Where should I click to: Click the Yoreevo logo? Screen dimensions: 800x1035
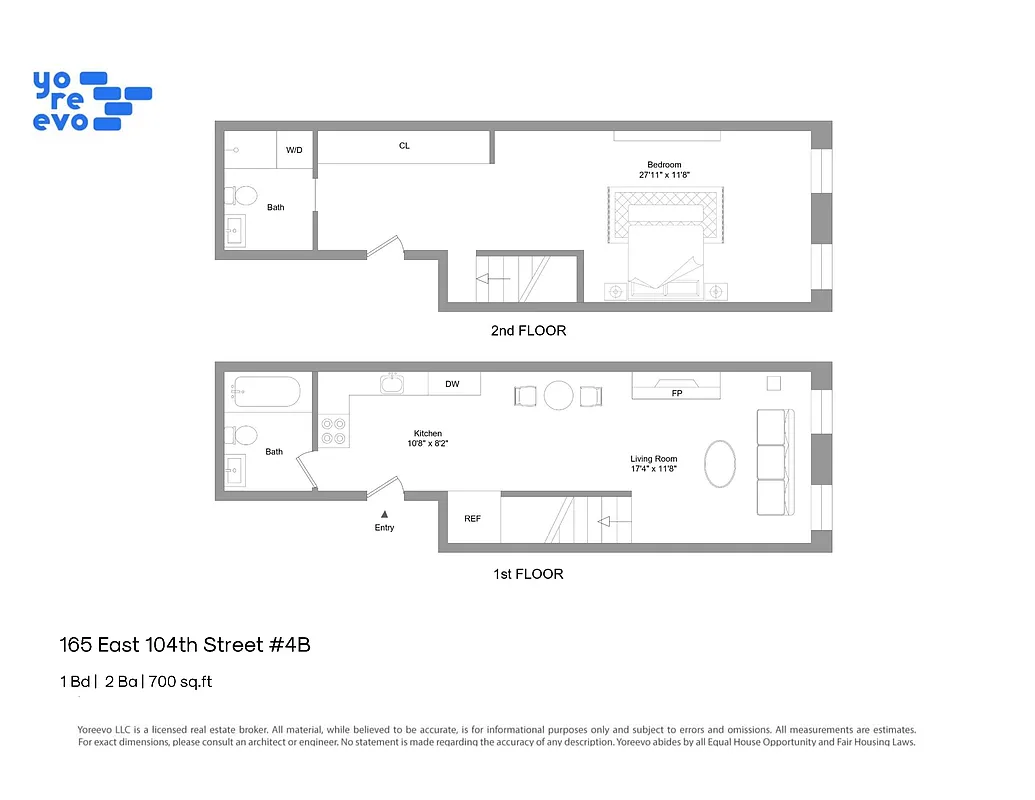coord(91,100)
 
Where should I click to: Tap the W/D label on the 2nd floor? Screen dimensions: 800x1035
coord(294,150)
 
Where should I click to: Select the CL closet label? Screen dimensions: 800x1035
coord(404,146)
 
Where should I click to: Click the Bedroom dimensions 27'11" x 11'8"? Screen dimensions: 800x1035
coord(665,175)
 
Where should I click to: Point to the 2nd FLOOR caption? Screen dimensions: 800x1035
coord(528,330)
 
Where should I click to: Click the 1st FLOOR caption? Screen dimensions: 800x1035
coord(528,574)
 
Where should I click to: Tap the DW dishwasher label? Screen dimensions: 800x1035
coord(452,384)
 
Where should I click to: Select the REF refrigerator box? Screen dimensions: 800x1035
coord(473,519)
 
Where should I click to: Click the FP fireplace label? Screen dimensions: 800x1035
coord(677,393)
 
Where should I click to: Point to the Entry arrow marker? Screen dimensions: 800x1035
coord(384,514)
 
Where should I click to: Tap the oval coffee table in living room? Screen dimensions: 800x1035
coord(720,464)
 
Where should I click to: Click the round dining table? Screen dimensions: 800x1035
coord(558,396)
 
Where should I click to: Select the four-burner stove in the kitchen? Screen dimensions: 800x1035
coord(333,431)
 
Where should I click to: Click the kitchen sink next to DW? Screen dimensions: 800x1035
coord(390,383)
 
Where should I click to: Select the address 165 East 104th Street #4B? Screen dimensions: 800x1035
coord(185,645)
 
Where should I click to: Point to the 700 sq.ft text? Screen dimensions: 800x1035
coord(181,682)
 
